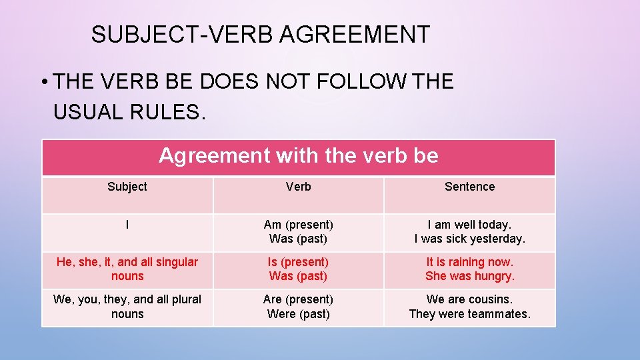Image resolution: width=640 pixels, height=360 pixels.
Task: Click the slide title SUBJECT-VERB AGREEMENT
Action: (261, 35)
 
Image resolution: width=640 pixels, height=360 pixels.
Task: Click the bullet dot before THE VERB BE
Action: (43, 83)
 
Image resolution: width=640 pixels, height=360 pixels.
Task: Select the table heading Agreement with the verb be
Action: (298, 156)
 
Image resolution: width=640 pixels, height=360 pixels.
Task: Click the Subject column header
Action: (127, 187)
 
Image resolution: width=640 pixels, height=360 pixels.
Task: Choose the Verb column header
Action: (298, 187)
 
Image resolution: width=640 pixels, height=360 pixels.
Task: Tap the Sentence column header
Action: (469, 187)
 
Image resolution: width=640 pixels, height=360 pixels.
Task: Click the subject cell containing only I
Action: (127, 225)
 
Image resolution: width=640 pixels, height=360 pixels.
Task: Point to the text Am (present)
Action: (298, 225)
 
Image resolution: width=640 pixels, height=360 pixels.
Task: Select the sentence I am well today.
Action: (469, 225)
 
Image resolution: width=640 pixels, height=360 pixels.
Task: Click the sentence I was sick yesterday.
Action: (469, 239)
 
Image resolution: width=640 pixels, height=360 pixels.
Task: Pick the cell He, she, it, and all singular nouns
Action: (127, 269)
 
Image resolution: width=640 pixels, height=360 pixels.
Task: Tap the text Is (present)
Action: (298, 262)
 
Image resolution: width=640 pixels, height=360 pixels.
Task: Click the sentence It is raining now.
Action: (469, 262)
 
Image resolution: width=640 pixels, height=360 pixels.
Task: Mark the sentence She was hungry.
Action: (469, 276)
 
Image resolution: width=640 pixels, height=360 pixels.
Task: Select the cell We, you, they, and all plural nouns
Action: (127, 306)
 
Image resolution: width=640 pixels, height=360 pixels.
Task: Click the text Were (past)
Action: (298, 313)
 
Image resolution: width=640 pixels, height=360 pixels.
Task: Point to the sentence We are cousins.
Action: (469, 299)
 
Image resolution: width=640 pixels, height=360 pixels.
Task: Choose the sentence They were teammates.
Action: (469, 313)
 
